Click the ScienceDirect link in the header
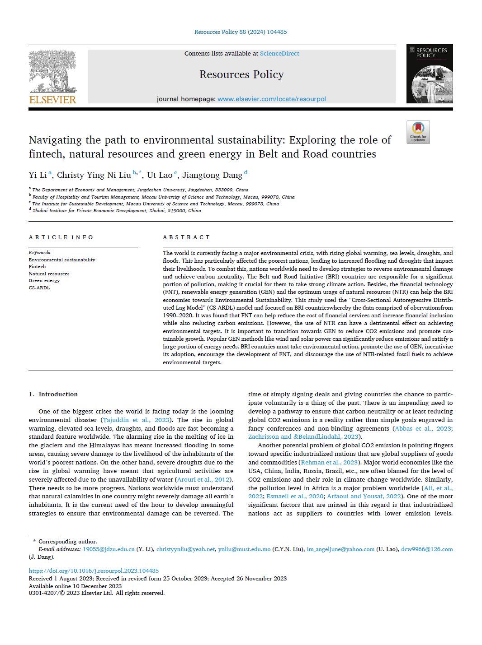(x=279, y=54)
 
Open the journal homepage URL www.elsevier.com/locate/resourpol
(x=271, y=99)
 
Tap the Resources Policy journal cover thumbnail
(x=429, y=74)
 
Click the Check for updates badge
(x=418, y=132)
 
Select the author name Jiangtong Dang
(x=212, y=175)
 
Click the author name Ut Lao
(x=160, y=175)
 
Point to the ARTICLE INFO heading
(x=61, y=237)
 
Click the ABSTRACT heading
(x=186, y=237)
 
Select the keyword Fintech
(x=37, y=267)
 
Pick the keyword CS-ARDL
(x=39, y=288)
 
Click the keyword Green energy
(x=44, y=281)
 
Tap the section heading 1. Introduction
(x=53, y=394)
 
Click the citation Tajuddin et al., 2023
(x=136, y=420)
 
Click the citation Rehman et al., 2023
(x=329, y=463)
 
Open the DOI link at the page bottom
(x=94, y=571)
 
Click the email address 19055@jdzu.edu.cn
(x=109, y=549)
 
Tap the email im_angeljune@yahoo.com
(x=340, y=549)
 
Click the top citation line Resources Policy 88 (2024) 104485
(x=241, y=32)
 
